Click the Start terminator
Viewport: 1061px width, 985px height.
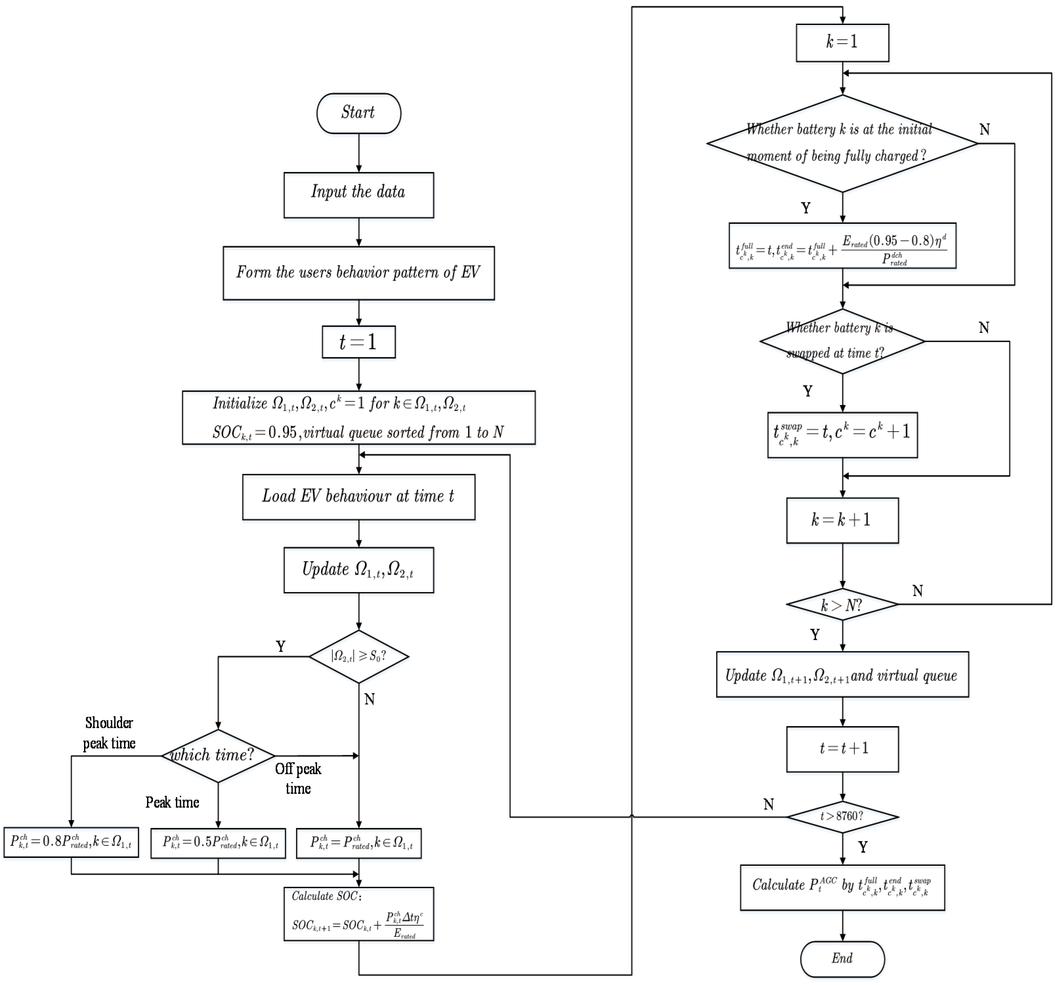(358, 113)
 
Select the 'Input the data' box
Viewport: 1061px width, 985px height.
(358, 195)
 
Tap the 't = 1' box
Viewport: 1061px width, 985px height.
(358, 342)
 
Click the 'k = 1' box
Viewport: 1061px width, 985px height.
(842, 43)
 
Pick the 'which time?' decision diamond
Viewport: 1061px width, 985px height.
(218, 755)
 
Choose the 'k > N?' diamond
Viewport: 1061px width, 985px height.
(842, 604)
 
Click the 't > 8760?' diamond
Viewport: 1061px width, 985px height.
(842, 816)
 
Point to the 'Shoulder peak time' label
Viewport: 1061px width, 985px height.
(109, 733)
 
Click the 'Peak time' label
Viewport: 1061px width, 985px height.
(172, 802)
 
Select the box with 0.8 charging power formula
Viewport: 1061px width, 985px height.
(71, 842)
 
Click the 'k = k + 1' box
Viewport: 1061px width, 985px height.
(842, 520)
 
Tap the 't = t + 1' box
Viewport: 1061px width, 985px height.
(842, 748)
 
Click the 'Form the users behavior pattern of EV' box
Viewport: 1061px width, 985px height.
(358, 273)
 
